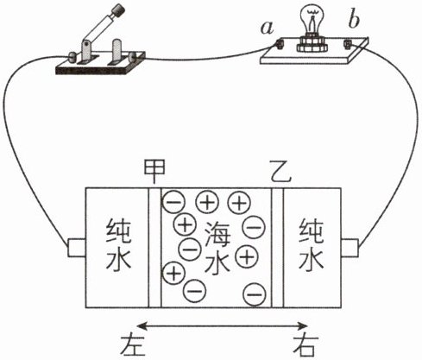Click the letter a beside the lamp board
click(268, 28)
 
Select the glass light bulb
click(311, 21)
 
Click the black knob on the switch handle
click(118, 12)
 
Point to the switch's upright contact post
click(117, 51)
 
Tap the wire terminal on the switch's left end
click(72, 56)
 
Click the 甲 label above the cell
click(154, 172)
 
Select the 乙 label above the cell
click(280, 171)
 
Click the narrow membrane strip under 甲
click(154, 248)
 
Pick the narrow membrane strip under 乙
click(278, 248)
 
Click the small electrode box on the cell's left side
click(77, 248)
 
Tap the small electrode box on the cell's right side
click(350, 248)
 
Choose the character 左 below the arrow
click(132, 344)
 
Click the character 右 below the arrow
click(305, 344)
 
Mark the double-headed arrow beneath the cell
click(223, 326)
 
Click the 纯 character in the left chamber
click(118, 231)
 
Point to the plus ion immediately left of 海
click(185, 224)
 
